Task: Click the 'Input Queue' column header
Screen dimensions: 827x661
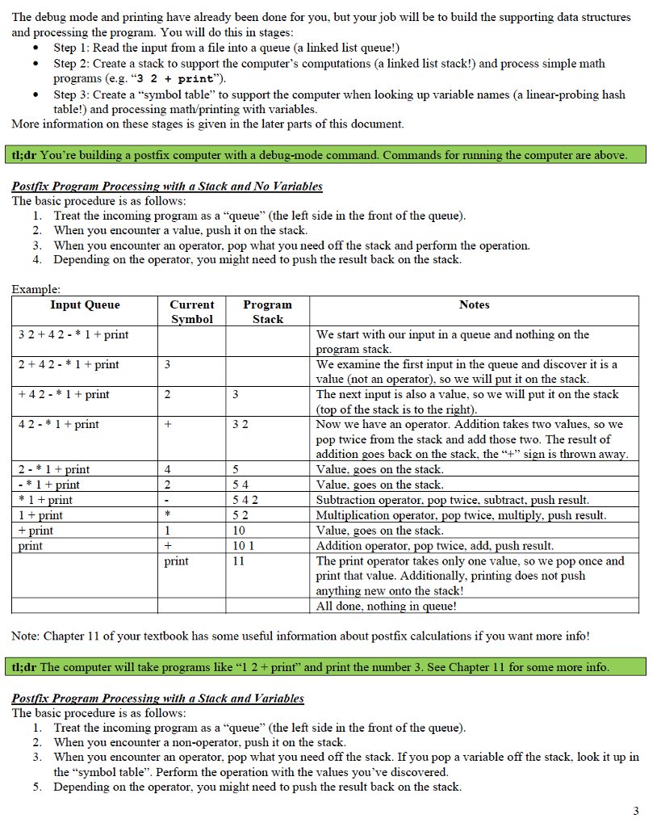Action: [85, 304]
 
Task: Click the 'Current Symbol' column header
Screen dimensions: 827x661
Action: [192, 312]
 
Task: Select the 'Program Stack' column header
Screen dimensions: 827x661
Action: [267, 312]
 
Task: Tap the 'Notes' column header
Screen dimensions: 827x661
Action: [474, 304]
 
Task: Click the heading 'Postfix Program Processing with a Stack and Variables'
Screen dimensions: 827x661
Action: [158, 698]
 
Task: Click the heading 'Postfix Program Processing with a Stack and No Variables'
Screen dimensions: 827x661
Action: [167, 186]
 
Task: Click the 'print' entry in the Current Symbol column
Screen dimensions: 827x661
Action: [176, 560]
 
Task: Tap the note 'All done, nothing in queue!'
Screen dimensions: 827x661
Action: [387, 606]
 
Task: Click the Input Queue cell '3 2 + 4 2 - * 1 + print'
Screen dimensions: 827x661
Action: [73, 334]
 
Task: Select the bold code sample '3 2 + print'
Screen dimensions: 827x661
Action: [171, 78]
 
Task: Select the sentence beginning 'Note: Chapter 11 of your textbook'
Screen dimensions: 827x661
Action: [300, 636]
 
